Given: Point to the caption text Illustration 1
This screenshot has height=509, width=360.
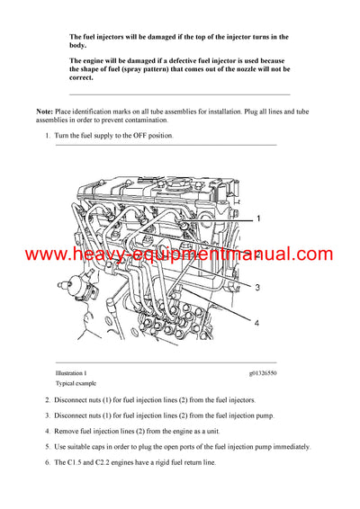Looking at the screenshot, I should (72, 372).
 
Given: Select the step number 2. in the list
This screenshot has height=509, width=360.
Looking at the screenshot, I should (48, 399).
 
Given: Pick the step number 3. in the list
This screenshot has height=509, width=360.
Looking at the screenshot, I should (48, 415).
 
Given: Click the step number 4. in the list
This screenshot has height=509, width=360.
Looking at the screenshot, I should (48, 432).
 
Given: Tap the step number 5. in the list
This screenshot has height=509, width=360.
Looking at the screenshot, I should (48, 448).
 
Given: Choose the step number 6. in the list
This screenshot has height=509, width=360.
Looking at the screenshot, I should (48, 464).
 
